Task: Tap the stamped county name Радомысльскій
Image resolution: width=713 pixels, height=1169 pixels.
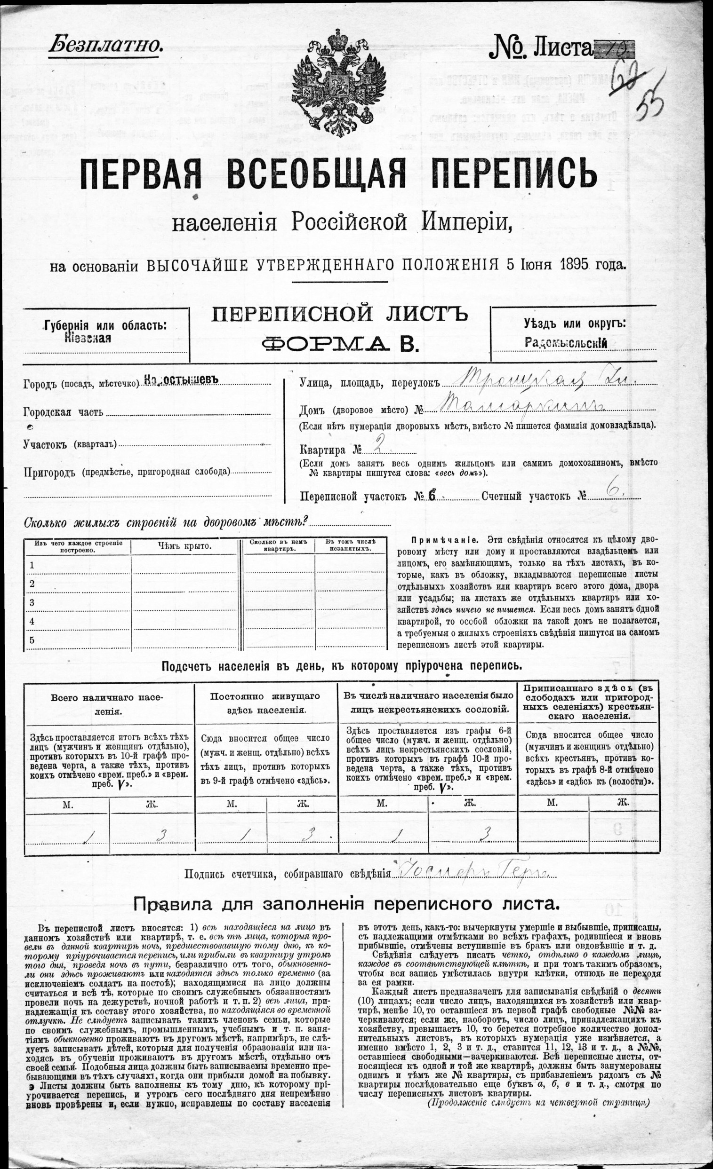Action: [566, 342]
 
